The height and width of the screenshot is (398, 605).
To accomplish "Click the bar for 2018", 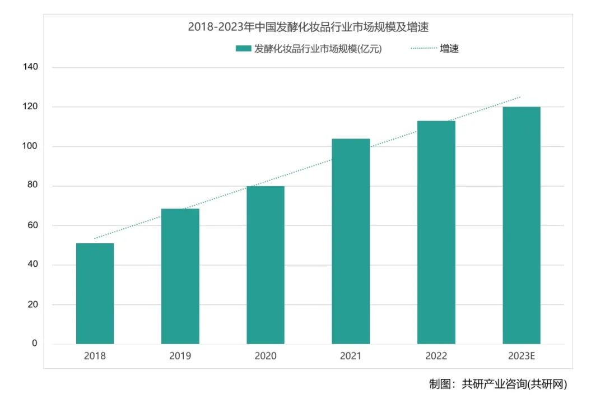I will [95, 293].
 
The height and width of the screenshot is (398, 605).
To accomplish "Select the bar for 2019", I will [180, 276].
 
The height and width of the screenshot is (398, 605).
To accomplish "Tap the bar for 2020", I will [266, 265].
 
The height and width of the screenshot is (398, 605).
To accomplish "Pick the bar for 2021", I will [351, 241].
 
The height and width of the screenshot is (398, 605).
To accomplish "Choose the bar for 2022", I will [436, 232].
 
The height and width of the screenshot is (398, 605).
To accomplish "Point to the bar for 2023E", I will [522, 225].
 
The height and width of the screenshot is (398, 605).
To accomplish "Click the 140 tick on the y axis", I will [30, 67].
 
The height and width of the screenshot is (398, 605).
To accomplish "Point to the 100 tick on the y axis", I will [30, 146].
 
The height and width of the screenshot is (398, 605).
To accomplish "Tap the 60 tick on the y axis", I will [32, 225].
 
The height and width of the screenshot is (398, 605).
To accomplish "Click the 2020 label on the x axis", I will [266, 356].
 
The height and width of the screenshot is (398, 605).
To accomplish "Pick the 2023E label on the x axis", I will [522, 356].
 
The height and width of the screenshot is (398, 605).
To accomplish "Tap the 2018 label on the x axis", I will [95, 356].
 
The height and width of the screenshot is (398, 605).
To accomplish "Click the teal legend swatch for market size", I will [243, 49].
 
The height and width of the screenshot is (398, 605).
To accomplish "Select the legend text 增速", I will [449, 49].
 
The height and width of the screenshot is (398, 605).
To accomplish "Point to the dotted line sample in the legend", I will [424, 49].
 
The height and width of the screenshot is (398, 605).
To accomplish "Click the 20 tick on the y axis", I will [32, 304].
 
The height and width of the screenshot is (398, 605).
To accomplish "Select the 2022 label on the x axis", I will [436, 356].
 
